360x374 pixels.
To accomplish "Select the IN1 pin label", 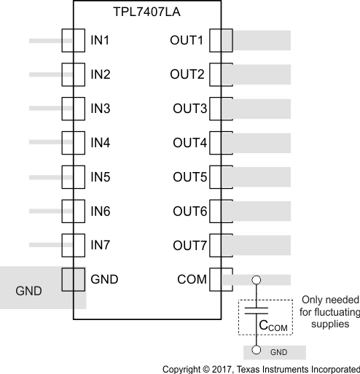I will point(100,40).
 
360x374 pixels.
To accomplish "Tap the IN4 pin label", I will point(100,143).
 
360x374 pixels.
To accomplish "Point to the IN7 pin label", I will point(100,245).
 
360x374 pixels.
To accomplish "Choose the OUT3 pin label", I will point(189,109).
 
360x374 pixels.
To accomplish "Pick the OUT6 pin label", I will point(189,211).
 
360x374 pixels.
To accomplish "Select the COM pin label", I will point(192,278).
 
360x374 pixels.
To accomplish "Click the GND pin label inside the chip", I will point(104,278).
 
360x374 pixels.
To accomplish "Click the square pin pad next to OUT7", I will point(220,245).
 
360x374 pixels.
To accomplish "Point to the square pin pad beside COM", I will point(220,278).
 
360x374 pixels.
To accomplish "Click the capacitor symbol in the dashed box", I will point(255,311).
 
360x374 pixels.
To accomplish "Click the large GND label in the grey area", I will point(28,292).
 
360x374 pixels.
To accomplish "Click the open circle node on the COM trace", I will point(255,279).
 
